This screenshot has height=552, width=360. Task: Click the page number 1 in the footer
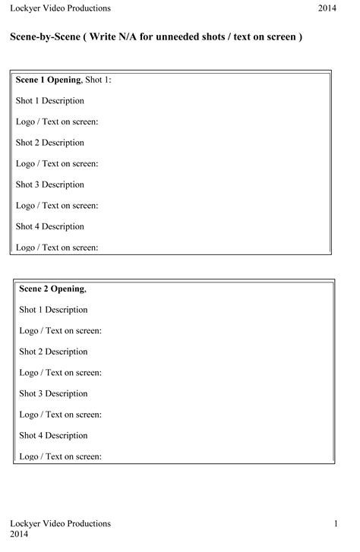pyautogui.click(x=335, y=524)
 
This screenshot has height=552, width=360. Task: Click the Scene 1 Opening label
pyautogui.click(x=47, y=80)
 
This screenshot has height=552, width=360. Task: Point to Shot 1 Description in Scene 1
pyautogui.click(x=49, y=100)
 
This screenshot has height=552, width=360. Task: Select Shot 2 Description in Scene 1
pyautogui.click(x=49, y=143)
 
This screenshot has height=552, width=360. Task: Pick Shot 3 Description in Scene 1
pyautogui.click(x=49, y=185)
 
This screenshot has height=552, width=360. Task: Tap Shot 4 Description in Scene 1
pyautogui.click(x=49, y=226)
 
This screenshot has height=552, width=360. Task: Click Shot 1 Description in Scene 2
pyautogui.click(x=53, y=310)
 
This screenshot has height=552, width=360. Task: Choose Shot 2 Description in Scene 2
pyautogui.click(x=53, y=352)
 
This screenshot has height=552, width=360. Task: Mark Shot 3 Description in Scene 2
pyautogui.click(x=53, y=393)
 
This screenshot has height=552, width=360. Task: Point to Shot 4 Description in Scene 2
pyautogui.click(x=53, y=435)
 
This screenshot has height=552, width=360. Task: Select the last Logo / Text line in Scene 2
pyautogui.click(x=61, y=456)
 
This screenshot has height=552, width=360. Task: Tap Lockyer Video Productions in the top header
pyautogui.click(x=60, y=8)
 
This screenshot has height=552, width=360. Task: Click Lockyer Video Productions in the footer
pyautogui.click(x=60, y=524)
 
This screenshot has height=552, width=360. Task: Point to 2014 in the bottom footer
pyautogui.click(x=20, y=535)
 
